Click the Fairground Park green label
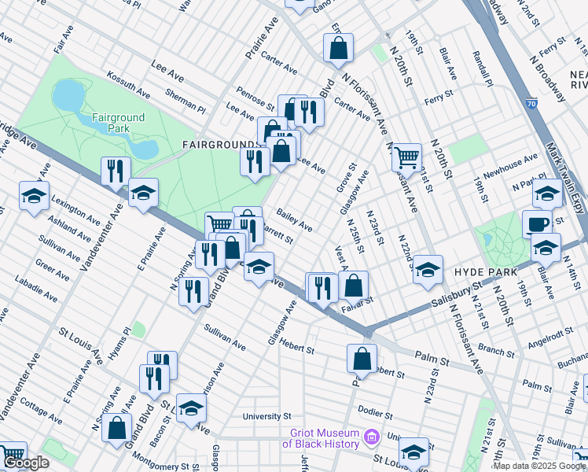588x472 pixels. tap(108, 122)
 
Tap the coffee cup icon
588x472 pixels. tap(538, 223)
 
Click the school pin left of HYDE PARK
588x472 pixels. tap(427, 269)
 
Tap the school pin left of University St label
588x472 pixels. tap(191, 407)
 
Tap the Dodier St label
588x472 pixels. tap(375, 411)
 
